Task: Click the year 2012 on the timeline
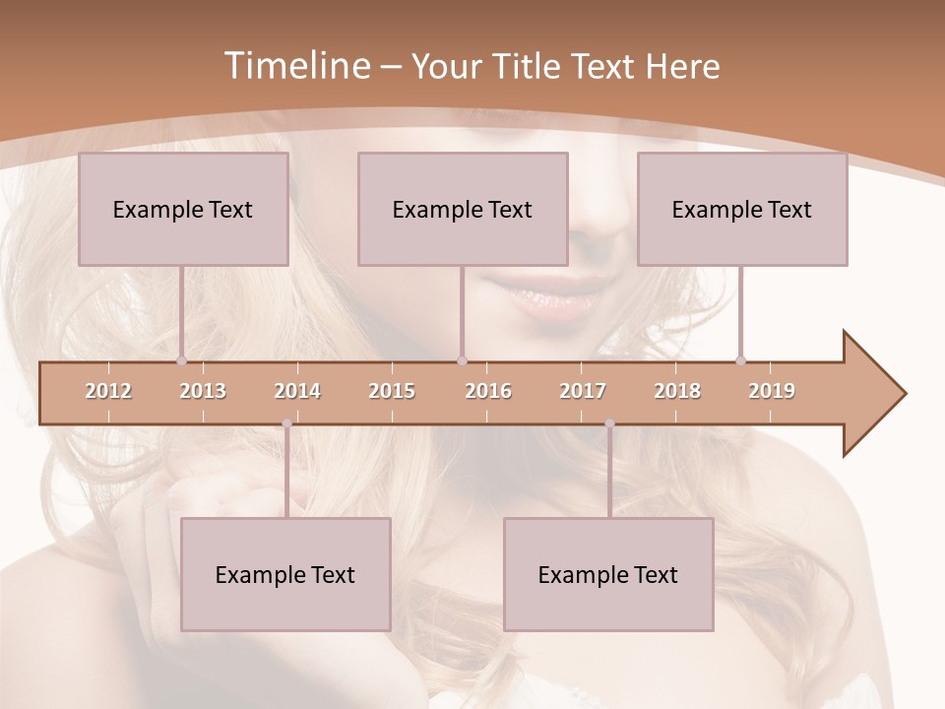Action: point(108,391)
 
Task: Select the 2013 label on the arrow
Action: point(203,391)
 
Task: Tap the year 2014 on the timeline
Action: point(297,391)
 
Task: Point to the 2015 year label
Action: point(392,391)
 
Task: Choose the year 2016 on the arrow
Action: point(488,391)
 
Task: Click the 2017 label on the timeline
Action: point(583,391)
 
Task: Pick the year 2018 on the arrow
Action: point(677,391)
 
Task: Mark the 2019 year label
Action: point(772,391)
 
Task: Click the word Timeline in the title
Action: point(295,66)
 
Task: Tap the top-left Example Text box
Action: point(183,209)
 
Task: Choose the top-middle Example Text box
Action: point(463,209)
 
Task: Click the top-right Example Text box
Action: point(742,209)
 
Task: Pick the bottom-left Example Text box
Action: point(285,574)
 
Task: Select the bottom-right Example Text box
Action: point(608,574)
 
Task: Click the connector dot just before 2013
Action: point(181,360)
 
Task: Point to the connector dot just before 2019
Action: point(740,360)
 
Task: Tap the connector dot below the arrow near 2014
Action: point(286,423)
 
